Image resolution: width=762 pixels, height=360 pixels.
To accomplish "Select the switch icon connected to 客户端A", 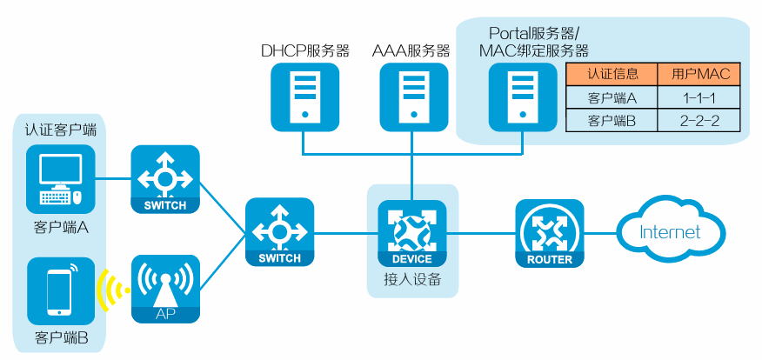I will [165, 179].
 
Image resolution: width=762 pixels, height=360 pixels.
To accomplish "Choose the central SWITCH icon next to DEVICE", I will [279, 232].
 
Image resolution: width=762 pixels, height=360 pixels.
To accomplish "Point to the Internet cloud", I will [670, 231].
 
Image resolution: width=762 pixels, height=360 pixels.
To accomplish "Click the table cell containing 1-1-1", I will [698, 97].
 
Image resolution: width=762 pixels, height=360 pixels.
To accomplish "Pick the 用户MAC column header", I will [698, 74].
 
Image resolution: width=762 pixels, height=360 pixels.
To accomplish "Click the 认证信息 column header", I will [612, 74].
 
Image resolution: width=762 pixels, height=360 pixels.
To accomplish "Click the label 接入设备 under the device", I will [411, 280].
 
